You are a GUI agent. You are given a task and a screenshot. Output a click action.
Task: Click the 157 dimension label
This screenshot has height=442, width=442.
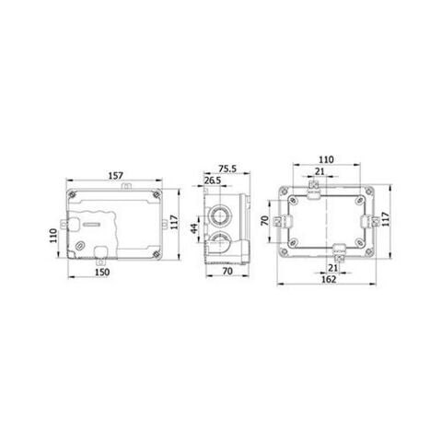click(x=116, y=176)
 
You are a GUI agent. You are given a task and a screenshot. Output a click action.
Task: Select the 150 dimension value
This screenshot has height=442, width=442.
click(x=102, y=272)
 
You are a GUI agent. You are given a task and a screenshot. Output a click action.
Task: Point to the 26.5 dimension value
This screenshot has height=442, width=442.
click(x=213, y=180)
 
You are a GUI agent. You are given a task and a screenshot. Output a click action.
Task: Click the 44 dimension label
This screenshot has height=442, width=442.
click(x=194, y=228)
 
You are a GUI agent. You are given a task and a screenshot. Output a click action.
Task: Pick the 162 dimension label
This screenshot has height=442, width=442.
click(x=329, y=279)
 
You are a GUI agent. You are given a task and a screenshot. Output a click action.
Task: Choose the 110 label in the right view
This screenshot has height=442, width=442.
click(x=326, y=159)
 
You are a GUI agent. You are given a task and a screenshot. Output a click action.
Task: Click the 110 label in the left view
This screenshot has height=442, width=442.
click(x=53, y=236)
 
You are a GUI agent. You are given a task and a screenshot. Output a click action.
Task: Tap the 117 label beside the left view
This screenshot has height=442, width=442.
click(x=174, y=222)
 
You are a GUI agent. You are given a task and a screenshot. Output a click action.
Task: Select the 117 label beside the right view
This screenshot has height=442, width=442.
click(x=385, y=219)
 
